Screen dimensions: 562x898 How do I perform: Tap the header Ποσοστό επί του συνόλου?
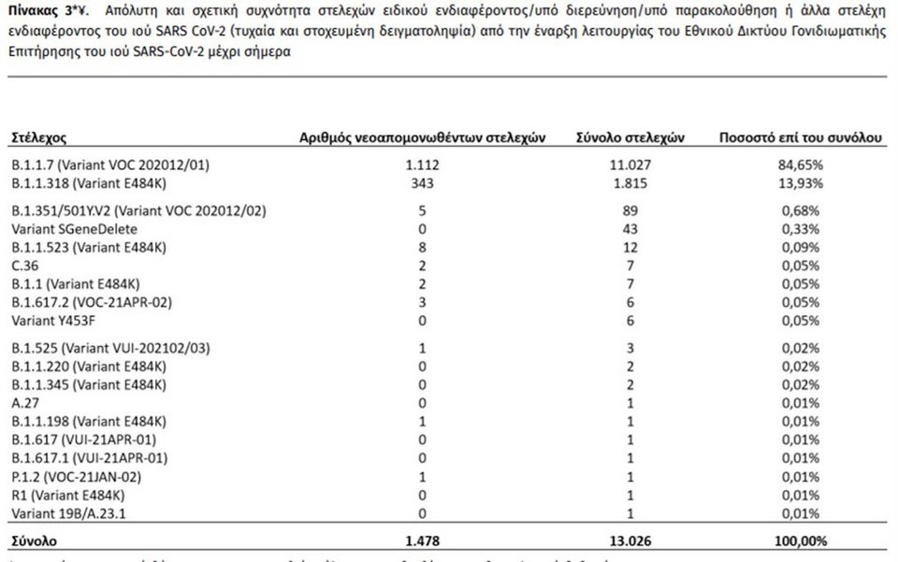pos(801,137)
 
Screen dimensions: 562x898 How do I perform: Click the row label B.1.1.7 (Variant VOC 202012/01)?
pos(110,166)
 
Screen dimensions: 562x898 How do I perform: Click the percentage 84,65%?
pos(801,166)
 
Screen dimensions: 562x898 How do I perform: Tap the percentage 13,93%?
pos(801,182)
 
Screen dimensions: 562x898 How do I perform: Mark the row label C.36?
pos(24,267)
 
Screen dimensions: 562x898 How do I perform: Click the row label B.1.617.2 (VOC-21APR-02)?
pos(92,302)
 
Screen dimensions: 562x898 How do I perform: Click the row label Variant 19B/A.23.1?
pos(71,512)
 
